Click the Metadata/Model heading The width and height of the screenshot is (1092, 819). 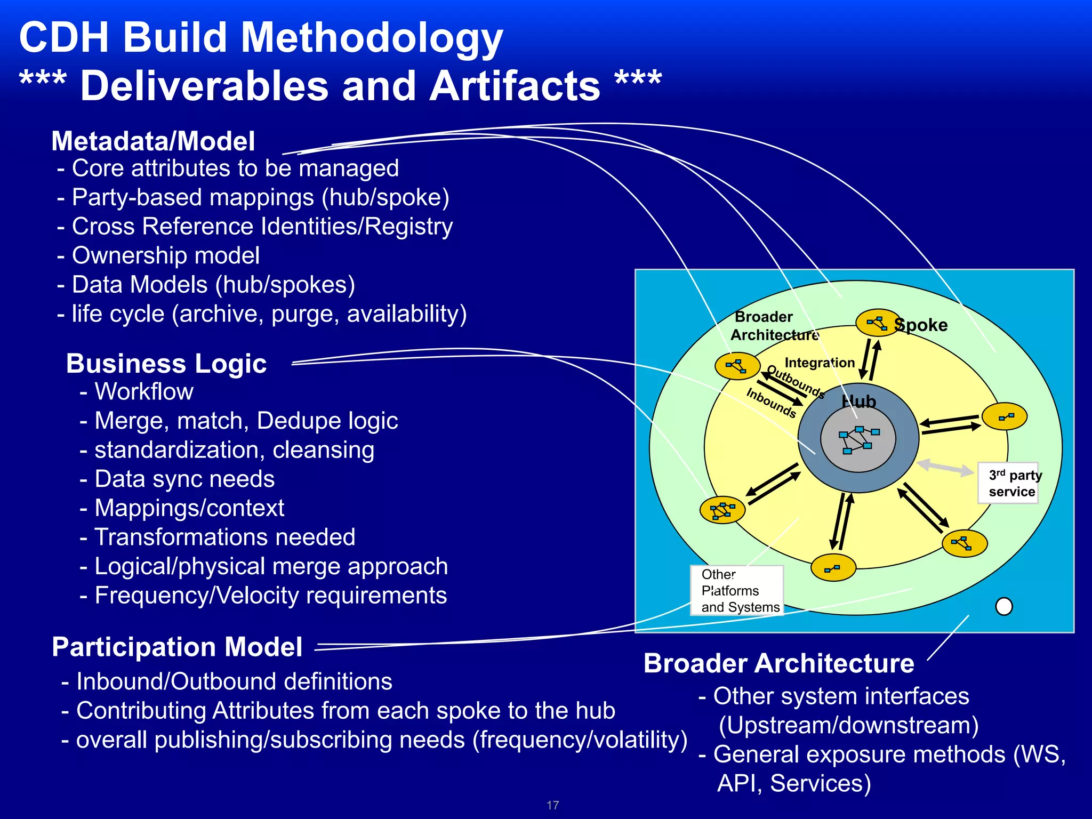click(x=153, y=141)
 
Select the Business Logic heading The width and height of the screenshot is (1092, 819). click(x=166, y=364)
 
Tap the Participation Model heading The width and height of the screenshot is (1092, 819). click(x=177, y=647)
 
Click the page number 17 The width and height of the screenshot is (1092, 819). click(x=552, y=805)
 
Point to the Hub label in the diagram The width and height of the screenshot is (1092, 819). click(x=858, y=402)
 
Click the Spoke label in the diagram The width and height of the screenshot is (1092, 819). click(x=921, y=325)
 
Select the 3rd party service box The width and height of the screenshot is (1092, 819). click(x=1008, y=483)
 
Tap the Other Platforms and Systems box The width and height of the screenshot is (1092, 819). click(x=737, y=591)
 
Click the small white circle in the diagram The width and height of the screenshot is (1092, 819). click(x=1004, y=606)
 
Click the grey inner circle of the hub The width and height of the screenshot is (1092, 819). click(x=858, y=439)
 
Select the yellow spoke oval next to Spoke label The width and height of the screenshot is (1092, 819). click(x=878, y=323)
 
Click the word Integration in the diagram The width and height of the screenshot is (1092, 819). click(x=820, y=363)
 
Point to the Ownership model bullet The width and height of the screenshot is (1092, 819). click(x=165, y=255)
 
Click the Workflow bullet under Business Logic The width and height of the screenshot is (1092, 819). click(x=143, y=392)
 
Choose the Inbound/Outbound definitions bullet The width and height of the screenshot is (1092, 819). click(x=234, y=681)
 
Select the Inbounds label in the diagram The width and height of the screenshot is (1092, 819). click(x=771, y=403)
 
